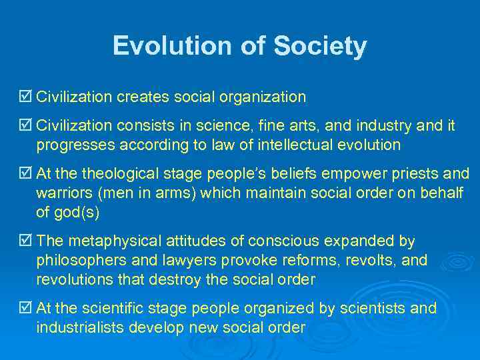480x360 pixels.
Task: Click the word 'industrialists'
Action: (x=78, y=328)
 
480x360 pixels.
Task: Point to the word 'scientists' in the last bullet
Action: (x=375, y=309)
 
